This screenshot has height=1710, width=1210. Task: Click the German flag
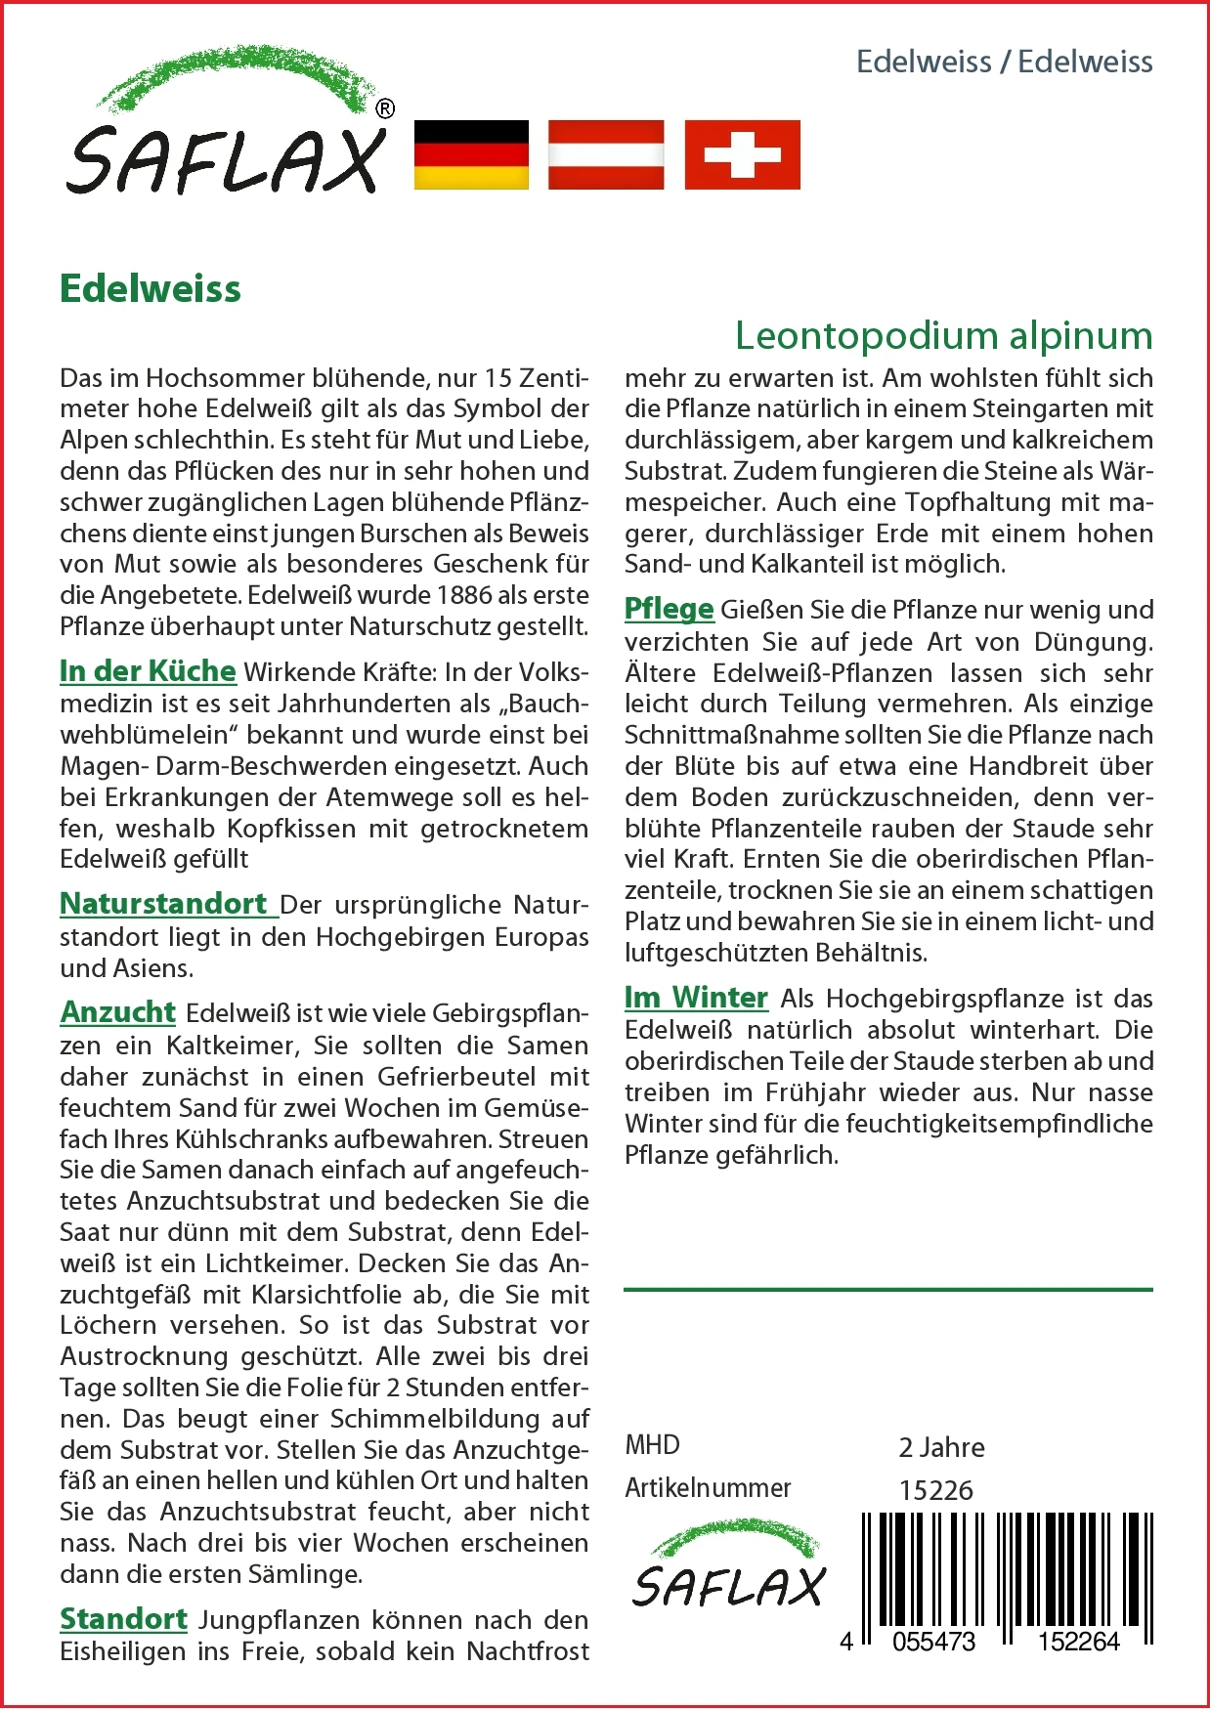click(471, 154)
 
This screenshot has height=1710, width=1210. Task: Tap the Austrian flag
click(606, 154)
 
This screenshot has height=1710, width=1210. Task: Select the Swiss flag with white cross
click(742, 154)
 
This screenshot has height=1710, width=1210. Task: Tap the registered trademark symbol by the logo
click(385, 108)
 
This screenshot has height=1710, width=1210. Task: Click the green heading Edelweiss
click(151, 289)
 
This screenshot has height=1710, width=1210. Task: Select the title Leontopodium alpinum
click(943, 335)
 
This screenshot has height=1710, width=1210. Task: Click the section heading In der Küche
click(148, 671)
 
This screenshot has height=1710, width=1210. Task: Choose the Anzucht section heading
click(118, 1012)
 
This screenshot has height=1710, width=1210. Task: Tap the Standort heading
click(123, 1619)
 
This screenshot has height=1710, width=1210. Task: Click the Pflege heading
click(670, 609)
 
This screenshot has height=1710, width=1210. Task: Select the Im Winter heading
click(696, 998)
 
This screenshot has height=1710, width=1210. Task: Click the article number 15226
click(936, 1490)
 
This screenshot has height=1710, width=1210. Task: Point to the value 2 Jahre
click(941, 1447)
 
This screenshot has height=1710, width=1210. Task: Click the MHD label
click(652, 1445)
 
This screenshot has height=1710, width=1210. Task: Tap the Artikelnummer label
click(708, 1488)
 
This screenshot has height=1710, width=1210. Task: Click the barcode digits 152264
click(1078, 1642)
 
